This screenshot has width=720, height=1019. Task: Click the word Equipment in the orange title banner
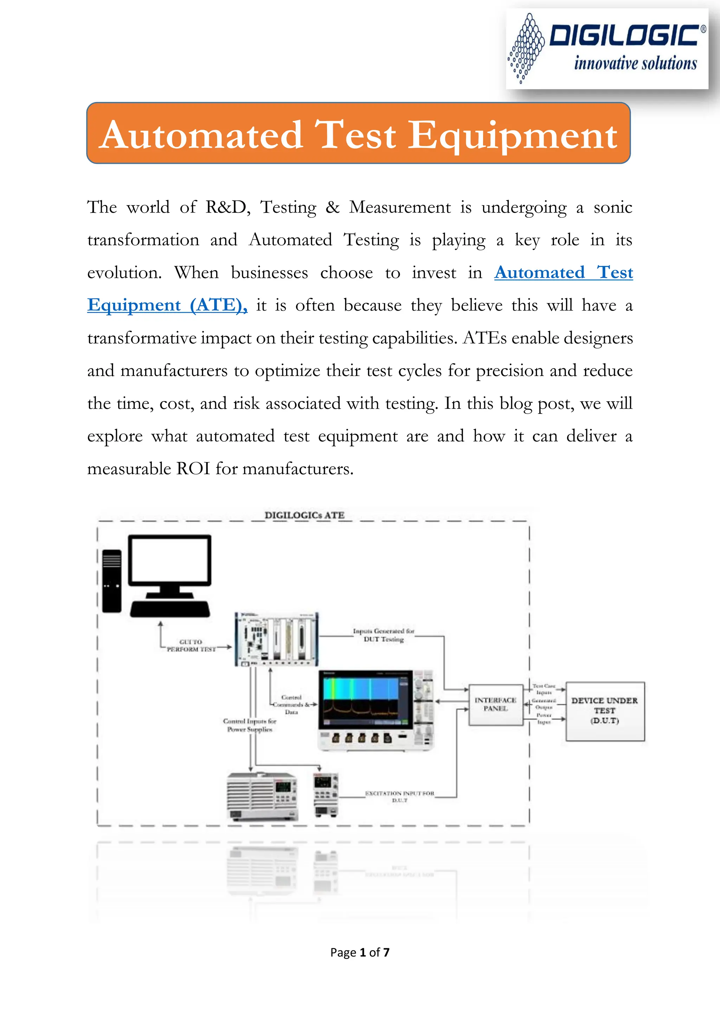512,135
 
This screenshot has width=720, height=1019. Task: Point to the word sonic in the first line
613,207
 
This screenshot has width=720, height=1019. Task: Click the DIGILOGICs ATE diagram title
304,515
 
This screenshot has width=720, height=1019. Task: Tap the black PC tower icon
111,581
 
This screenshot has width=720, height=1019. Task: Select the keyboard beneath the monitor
170,609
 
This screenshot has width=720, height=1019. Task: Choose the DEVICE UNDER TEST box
605,711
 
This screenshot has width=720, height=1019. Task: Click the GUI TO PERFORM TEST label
191,645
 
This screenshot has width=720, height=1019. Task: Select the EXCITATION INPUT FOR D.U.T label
399,796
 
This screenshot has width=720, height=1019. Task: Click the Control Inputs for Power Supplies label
249,725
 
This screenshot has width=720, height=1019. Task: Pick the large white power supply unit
262,797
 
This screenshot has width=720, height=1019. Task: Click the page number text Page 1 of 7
360,953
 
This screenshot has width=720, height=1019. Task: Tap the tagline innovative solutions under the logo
635,63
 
